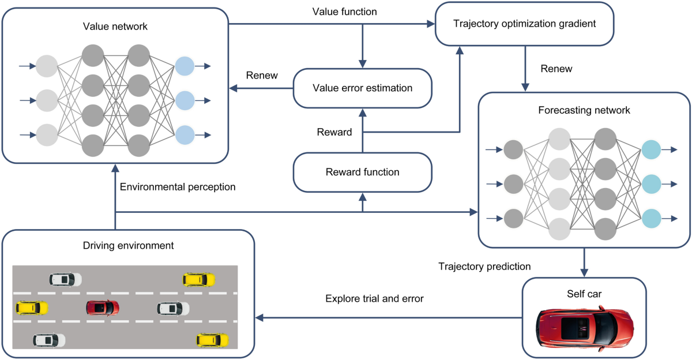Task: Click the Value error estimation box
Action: [x=362, y=88]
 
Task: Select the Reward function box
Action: [x=362, y=172]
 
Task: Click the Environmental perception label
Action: [x=178, y=187]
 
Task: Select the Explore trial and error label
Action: [x=374, y=298]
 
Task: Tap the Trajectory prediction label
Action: [x=484, y=267]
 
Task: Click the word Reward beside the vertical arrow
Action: [x=334, y=132]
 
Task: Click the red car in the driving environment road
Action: [x=103, y=307]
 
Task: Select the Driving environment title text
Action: [x=128, y=245]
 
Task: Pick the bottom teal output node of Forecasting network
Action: [x=652, y=218]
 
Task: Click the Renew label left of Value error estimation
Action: [x=262, y=76]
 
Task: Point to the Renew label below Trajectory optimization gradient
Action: [x=556, y=69]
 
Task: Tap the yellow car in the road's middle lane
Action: [x=31, y=307]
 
